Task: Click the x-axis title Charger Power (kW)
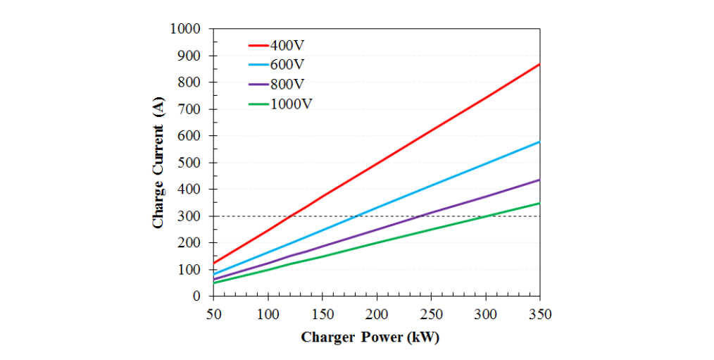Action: (x=370, y=337)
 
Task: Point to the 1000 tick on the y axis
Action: (x=186, y=29)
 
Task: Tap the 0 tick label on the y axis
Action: (x=199, y=297)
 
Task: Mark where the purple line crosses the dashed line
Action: (x=421, y=216)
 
